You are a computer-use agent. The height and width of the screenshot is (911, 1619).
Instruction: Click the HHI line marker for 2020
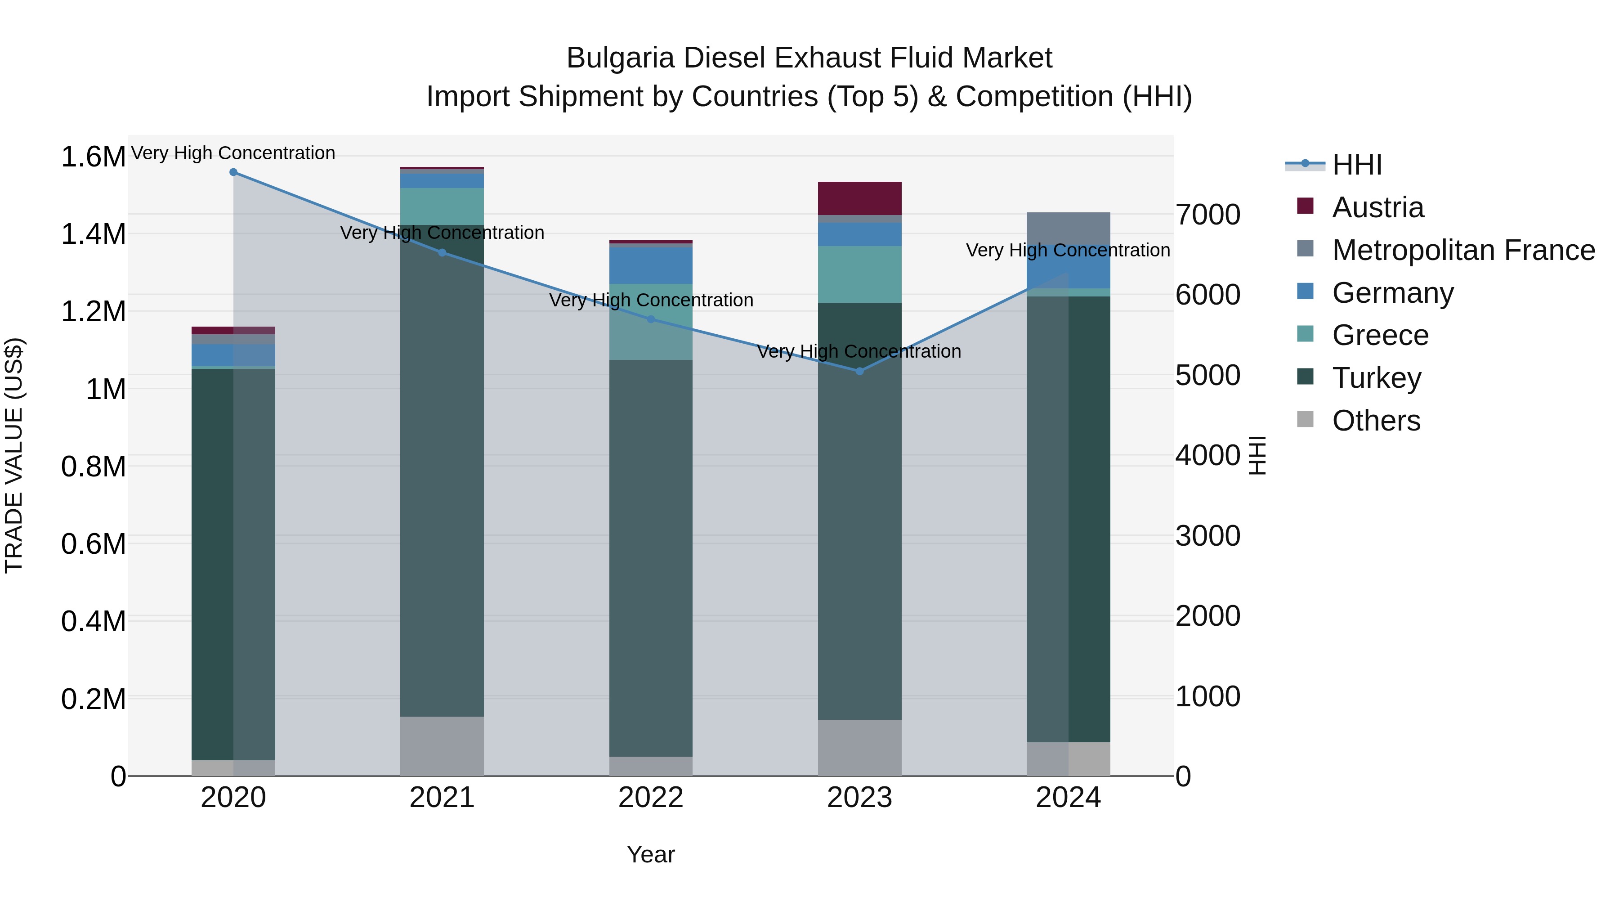click(233, 172)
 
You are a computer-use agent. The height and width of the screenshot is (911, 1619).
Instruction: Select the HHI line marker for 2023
click(860, 371)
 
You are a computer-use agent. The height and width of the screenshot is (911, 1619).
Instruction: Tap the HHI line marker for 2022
click(651, 319)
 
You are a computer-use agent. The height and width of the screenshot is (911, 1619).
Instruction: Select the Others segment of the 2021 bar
click(442, 746)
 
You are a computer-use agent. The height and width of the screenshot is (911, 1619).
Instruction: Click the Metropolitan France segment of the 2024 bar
click(1069, 228)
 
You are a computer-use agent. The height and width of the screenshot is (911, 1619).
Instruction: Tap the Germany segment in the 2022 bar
click(651, 266)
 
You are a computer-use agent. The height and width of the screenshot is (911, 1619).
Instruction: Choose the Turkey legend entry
click(1377, 378)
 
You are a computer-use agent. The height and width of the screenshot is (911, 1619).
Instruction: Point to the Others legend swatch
click(1306, 419)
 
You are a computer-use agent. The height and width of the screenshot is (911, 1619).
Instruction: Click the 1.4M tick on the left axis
click(93, 234)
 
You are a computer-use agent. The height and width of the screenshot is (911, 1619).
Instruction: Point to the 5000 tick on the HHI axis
click(1208, 375)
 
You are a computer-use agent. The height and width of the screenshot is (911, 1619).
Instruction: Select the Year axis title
click(651, 854)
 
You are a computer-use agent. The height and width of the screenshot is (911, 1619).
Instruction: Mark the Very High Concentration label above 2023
click(859, 351)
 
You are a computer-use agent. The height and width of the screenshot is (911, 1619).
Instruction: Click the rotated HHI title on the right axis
click(1257, 455)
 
